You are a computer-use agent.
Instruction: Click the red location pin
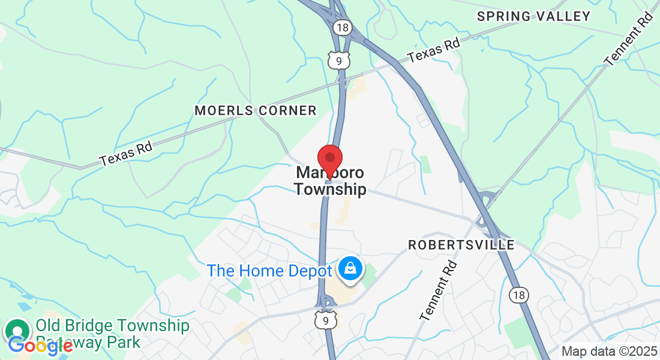pos(329,159)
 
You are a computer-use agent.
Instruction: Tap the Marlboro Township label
pos(330,181)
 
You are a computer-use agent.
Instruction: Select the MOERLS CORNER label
pos(256,110)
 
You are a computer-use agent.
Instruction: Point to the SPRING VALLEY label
pos(534,16)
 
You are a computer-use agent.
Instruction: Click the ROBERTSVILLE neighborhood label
pos(461,245)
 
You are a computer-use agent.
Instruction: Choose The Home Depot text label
pos(269,271)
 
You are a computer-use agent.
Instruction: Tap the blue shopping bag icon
pos(349,268)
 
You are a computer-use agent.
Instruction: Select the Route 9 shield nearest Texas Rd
pos(338,59)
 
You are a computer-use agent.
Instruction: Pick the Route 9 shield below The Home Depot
pos(325,320)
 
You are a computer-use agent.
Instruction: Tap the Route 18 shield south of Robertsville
pos(519,295)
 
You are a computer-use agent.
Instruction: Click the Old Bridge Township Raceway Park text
pos(113,334)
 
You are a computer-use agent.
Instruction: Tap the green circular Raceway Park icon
pos(18,331)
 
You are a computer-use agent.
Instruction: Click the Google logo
pos(40,345)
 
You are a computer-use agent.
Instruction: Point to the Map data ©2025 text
pos(608,352)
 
